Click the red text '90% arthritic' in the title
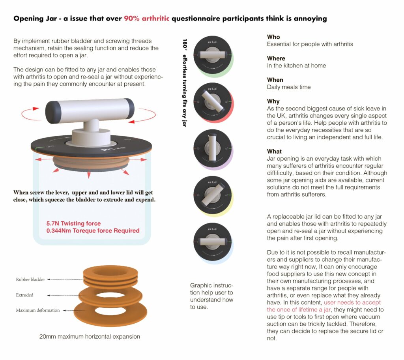click(146, 19)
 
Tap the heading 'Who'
click(273, 37)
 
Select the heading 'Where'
click(276, 58)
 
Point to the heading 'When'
click(275, 80)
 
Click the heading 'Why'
click(273, 101)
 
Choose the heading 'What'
click(275, 152)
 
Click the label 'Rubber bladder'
click(30, 279)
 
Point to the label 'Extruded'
click(24, 295)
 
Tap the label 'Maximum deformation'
click(38, 310)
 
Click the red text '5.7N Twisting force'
click(73, 223)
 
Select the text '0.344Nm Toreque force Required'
click(93, 231)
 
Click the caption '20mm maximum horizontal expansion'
click(90, 337)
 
